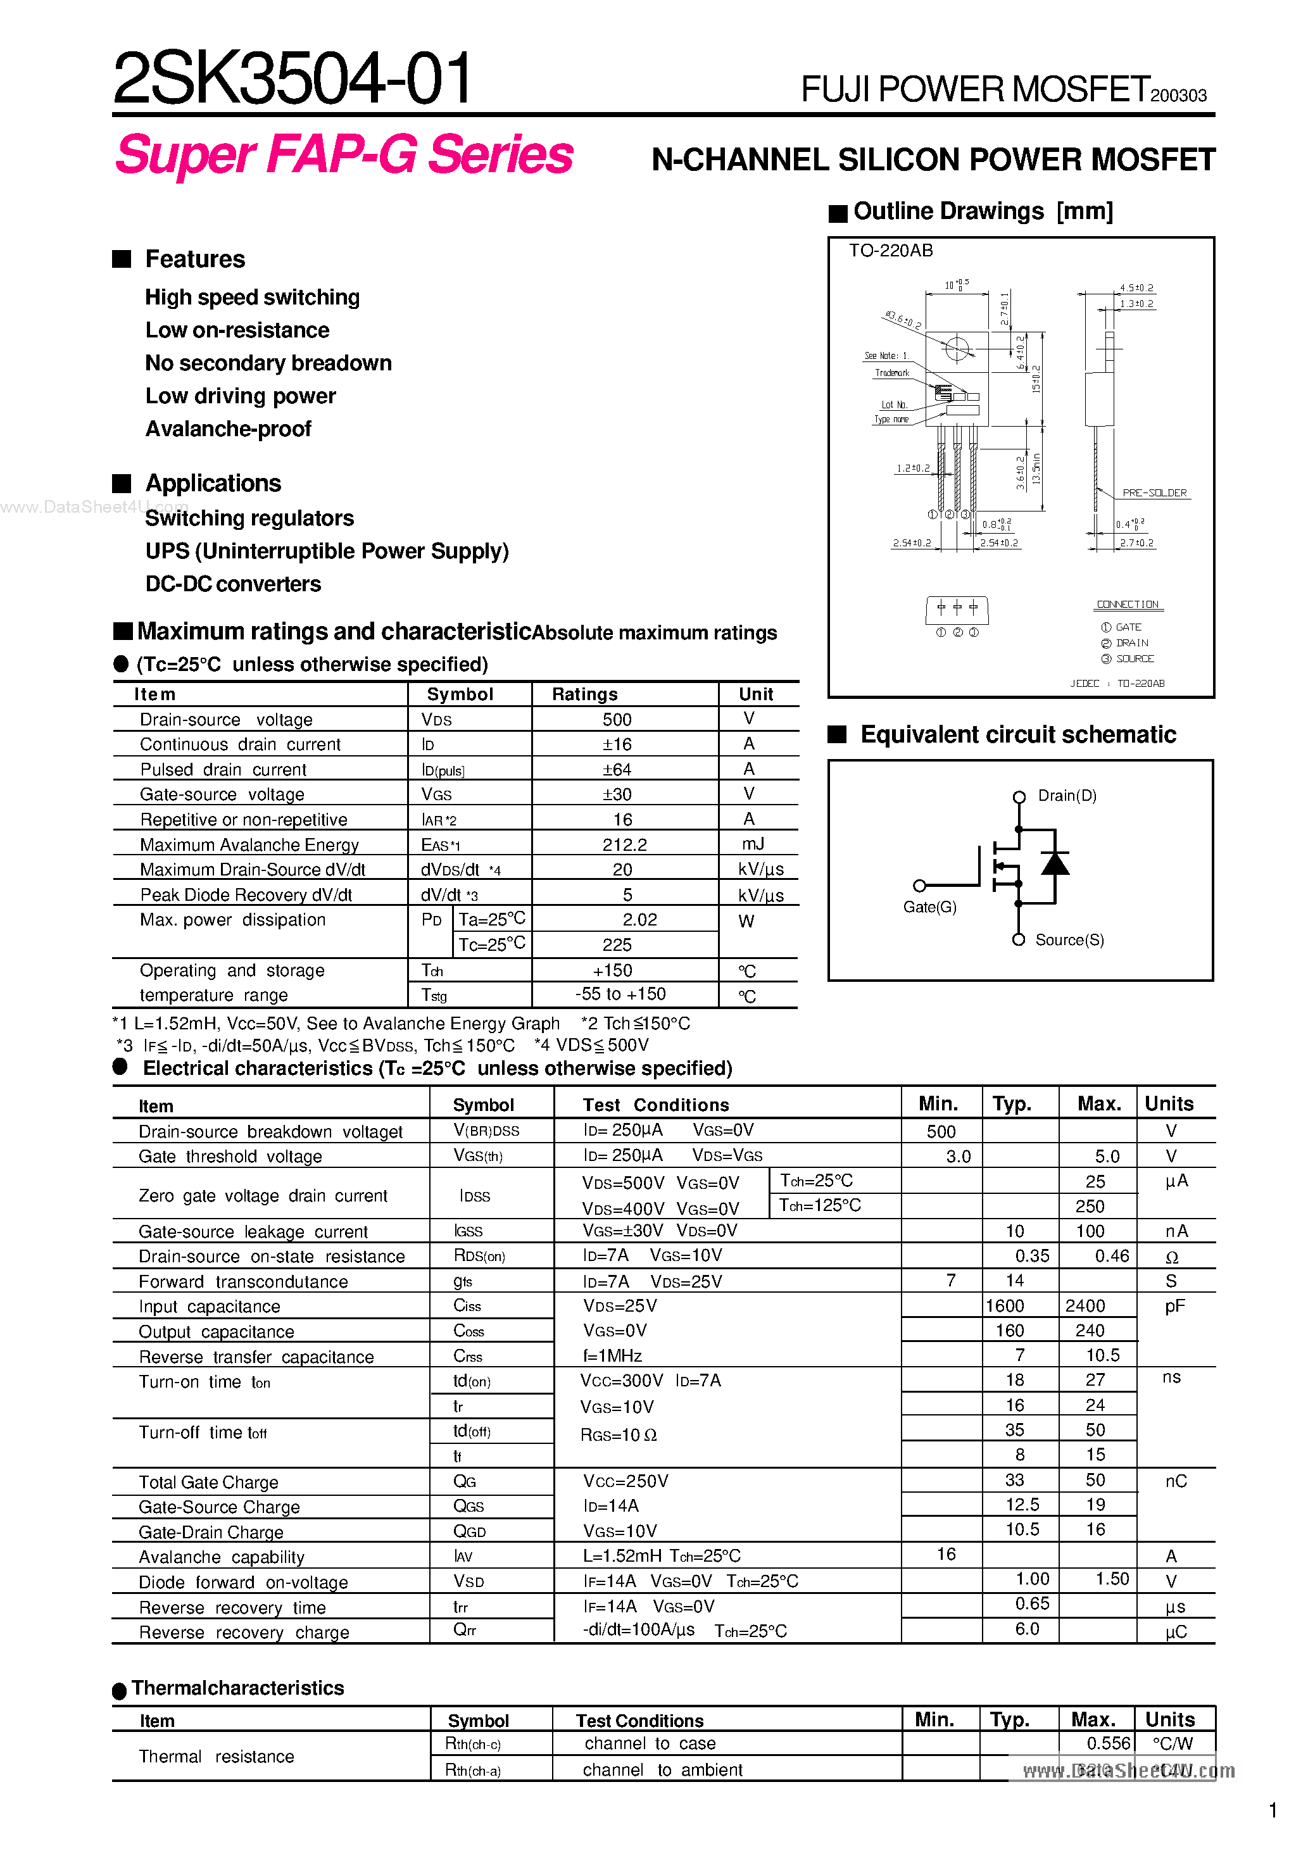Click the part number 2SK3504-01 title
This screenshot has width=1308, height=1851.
coord(292,78)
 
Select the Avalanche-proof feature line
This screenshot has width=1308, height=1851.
coord(228,429)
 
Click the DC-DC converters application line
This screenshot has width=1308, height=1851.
coord(233,584)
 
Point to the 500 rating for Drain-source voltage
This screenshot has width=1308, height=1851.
coord(617,719)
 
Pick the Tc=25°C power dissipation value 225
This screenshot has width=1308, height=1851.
coord(617,944)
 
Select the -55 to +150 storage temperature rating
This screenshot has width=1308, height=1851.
coord(620,994)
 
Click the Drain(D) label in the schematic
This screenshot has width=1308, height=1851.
coord(1066,796)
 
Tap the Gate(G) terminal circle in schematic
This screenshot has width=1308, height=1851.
coord(919,885)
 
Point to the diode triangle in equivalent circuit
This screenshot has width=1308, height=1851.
coord(1055,863)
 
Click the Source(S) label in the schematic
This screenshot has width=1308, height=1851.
coord(1069,940)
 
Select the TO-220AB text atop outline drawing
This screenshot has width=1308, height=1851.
coord(890,251)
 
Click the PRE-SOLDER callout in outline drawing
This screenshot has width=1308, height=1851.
coord(1154,493)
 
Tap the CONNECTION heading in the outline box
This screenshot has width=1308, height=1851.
coord(1126,604)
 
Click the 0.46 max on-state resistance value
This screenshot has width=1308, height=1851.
coord(1111,1256)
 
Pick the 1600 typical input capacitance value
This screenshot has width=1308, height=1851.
coord(1005,1305)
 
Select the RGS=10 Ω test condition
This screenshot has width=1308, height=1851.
coord(619,1435)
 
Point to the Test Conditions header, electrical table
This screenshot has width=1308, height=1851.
coord(656,1105)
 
